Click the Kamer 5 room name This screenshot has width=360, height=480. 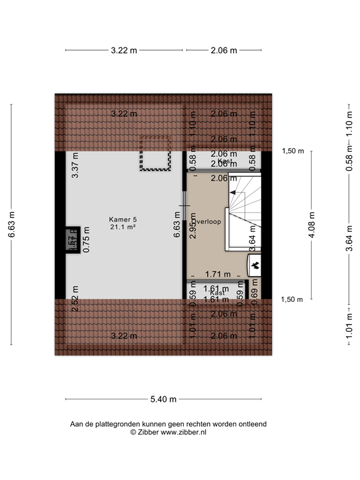tap(122, 219)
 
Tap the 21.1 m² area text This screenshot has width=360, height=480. tap(123, 227)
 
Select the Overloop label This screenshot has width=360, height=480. tap(207, 222)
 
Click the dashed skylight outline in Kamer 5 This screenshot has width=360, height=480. tap(155, 153)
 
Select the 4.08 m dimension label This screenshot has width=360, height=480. tap(312, 225)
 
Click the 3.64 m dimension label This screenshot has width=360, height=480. tap(349, 240)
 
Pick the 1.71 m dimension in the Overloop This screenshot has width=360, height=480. tap(217, 274)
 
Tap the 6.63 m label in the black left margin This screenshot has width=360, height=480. tap(11, 225)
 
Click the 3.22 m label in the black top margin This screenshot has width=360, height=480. tap(123, 51)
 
